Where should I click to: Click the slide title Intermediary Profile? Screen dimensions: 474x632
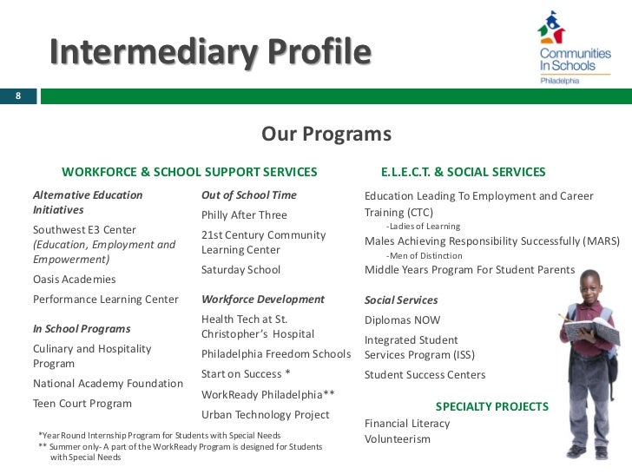tap(209, 53)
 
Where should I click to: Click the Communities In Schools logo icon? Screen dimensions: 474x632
tap(550, 29)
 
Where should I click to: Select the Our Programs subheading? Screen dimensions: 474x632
tap(326, 135)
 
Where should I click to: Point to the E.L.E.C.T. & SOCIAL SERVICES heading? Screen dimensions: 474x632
tap(463, 172)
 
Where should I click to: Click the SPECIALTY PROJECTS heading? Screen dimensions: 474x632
tap(491, 406)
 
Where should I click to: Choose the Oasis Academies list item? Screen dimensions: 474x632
tap(74, 280)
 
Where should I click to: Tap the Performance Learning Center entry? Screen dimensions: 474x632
tap(105, 300)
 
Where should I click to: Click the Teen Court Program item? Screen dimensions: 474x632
tap(82, 404)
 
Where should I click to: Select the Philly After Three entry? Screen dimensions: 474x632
tap(244, 215)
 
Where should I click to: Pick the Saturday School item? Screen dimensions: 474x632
tap(240, 270)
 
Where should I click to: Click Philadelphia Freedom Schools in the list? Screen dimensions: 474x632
tap(275, 354)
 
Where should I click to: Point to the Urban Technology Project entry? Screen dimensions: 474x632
tap(265, 415)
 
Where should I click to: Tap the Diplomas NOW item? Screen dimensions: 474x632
tap(402, 319)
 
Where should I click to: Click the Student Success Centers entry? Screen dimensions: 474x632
tap(425, 375)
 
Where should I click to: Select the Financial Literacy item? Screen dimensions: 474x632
tap(407, 424)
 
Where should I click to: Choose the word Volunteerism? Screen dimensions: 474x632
tap(397, 439)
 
